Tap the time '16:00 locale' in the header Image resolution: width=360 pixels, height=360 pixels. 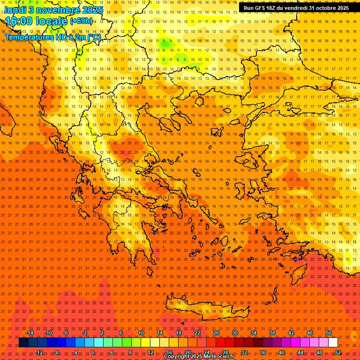coord(37,21)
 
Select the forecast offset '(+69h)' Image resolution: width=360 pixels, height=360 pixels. coord(81,21)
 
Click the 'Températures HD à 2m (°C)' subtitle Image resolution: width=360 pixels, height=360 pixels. coord(52,37)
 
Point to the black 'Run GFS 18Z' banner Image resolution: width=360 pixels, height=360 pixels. coord(296,7)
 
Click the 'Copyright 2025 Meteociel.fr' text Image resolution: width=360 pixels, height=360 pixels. coord(199,357)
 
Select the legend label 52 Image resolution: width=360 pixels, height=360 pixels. coord(337,352)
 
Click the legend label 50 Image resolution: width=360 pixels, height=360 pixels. coord(328,333)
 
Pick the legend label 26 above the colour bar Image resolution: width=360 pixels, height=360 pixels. coord(216,333)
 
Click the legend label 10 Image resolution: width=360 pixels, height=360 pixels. coord(141,333)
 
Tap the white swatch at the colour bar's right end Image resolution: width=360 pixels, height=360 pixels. coord(333,343)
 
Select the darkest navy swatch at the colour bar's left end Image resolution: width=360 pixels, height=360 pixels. coord(23,343)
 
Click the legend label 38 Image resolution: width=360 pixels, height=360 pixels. coord(272,333)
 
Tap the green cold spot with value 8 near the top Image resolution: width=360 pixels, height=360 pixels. coord(164,41)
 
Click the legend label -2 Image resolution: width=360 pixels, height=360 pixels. coord(84,333)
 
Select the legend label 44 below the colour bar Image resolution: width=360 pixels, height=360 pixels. coord(300,352)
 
